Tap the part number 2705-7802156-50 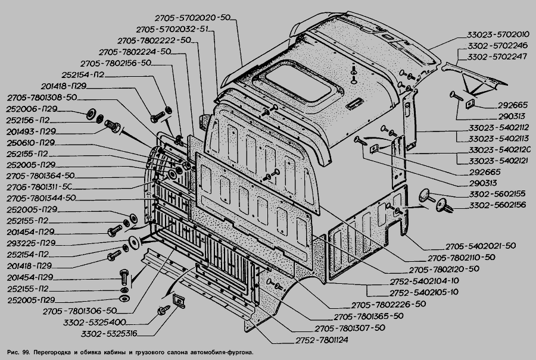point(116,64)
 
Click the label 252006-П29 point(33,109)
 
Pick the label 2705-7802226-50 point(388,304)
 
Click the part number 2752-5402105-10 point(424,292)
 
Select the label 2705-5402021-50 point(480,246)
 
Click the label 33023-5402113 point(498,139)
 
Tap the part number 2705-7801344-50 point(42,198)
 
